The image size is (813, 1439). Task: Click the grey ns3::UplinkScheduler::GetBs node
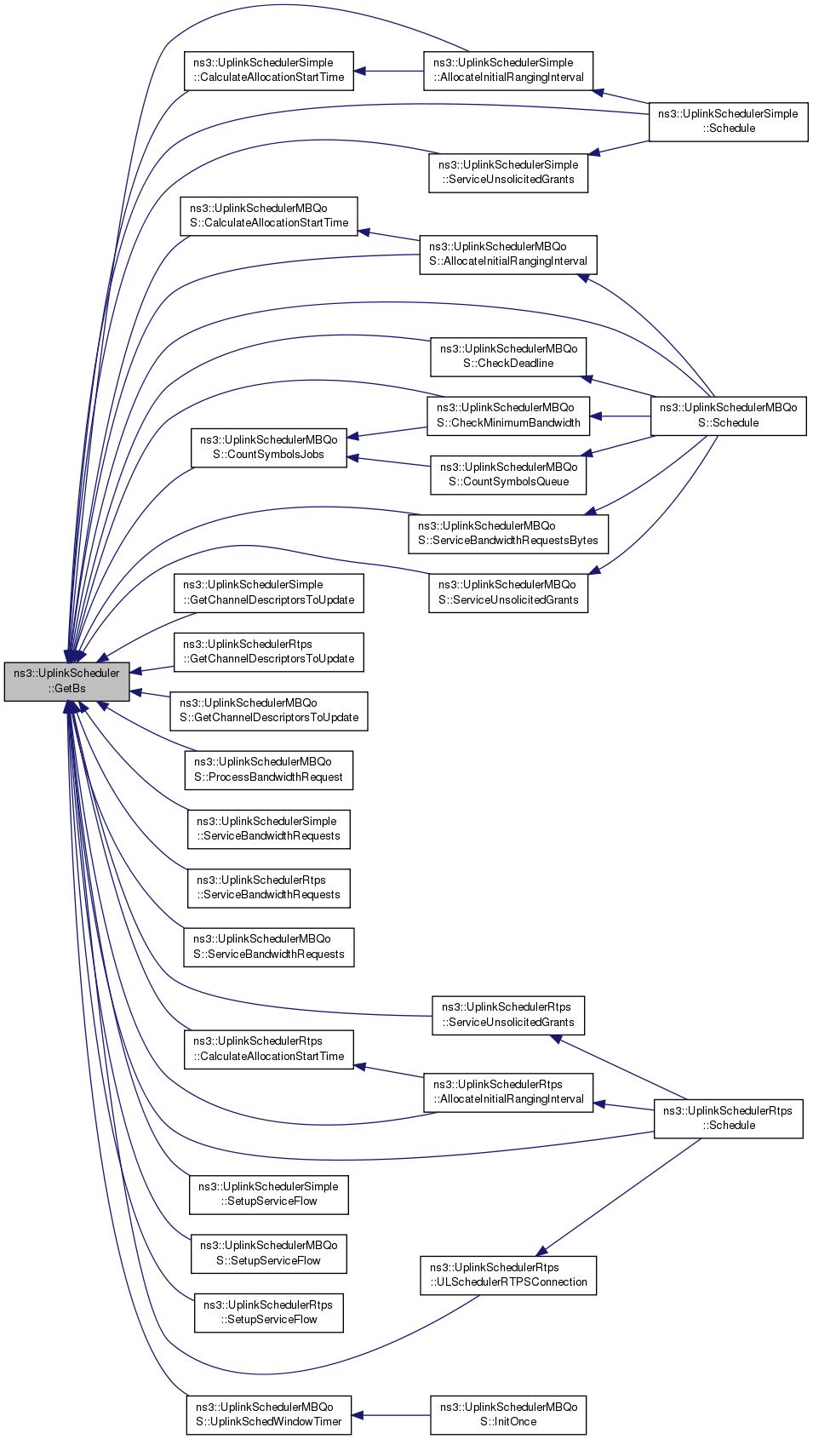(66, 681)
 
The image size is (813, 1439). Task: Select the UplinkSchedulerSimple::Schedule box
(728, 122)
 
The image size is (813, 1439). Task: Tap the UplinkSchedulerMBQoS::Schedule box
(728, 416)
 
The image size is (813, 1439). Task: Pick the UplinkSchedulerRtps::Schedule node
(728, 1119)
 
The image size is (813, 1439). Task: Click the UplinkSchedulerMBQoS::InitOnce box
(508, 1414)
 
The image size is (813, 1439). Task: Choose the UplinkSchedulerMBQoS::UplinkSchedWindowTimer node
(269, 1414)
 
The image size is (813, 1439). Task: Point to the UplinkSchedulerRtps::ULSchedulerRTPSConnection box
(508, 1276)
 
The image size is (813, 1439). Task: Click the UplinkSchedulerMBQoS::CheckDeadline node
(508, 357)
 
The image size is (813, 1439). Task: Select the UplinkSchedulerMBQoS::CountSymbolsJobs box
(268, 448)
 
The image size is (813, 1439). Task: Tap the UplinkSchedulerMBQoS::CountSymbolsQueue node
(508, 475)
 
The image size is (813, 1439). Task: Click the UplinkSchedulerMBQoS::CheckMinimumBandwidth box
(508, 416)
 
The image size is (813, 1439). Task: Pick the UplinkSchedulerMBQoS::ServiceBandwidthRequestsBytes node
(508, 534)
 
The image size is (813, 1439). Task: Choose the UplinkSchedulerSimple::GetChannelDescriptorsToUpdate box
(268, 593)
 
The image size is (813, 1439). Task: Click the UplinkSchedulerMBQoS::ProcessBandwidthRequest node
(268, 770)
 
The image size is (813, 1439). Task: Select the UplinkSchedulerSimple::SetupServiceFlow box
(268, 1195)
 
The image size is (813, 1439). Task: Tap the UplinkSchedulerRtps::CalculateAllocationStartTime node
(268, 1050)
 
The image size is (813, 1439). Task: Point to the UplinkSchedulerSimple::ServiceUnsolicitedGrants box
(508, 173)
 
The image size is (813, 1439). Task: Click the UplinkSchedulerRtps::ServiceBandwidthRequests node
(268, 888)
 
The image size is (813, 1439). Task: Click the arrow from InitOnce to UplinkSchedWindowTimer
(391, 1414)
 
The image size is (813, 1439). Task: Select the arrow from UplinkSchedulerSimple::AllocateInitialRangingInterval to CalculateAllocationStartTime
(388, 71)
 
